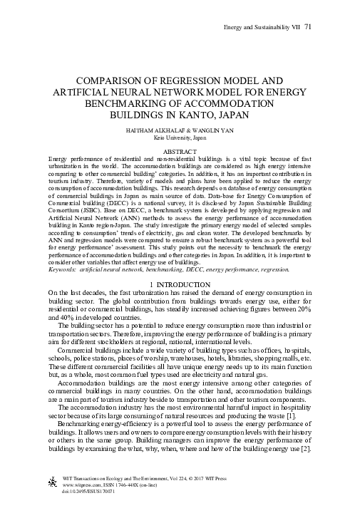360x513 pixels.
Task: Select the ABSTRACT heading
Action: tap(180, 152)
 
